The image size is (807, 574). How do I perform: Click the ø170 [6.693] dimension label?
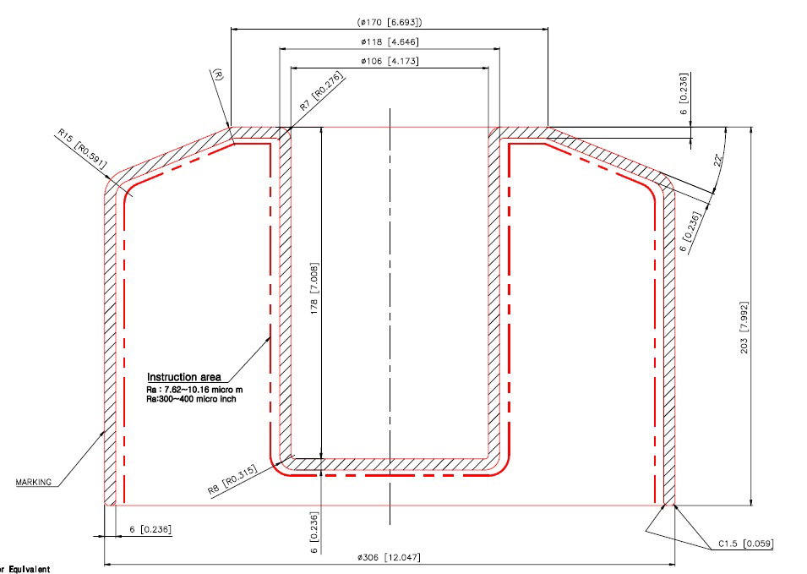point(390,22)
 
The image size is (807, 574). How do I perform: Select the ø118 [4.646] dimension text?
point(390,41)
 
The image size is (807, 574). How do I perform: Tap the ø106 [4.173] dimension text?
point(390,61)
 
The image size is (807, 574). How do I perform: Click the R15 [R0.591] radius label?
point(82,149)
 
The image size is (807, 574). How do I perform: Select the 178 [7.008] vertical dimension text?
point(314,288)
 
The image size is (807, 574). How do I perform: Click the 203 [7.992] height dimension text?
point(744,327)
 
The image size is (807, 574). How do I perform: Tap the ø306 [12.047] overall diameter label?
point(389,557)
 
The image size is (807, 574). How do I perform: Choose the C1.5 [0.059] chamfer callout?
point(746,544)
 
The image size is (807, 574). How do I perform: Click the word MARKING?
point(34,483)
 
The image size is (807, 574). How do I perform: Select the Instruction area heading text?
point(183,377)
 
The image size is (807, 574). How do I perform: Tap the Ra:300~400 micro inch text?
point(192,398)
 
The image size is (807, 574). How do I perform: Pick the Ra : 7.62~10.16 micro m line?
point(194,389)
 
